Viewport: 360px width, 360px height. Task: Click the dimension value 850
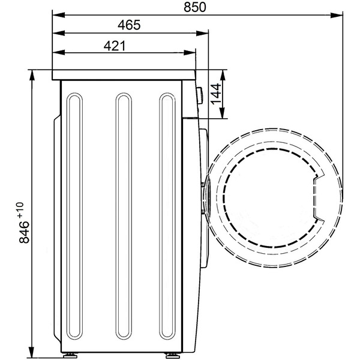(x=194, y=7)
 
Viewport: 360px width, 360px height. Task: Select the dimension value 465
(x=129, y=25)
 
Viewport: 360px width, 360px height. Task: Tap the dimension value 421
(x=115, y=46)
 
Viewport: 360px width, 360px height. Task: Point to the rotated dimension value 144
(x=216, y=94)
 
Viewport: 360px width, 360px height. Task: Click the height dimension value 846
(x=24, y=232)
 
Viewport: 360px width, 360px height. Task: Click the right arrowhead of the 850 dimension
(x=337, y=15)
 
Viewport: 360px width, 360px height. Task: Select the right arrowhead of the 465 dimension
(x=202, y=34)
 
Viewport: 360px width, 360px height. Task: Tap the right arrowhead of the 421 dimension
(x=190, y=53)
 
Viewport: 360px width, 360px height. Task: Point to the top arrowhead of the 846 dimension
(x=32, y=76)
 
